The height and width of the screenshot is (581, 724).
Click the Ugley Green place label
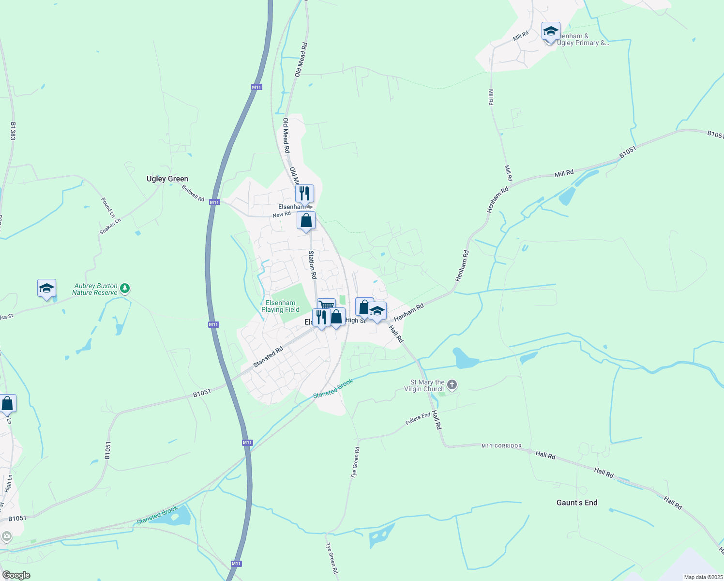tap(167, 179)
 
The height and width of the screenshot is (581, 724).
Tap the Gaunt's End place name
tap(577, 503)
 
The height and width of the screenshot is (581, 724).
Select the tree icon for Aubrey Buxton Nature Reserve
tap(125, 289)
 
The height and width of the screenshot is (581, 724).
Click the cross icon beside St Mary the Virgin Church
tap(452, 385)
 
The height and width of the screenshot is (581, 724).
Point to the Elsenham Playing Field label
tap(280, 306)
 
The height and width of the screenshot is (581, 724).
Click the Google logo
tap(16, 575)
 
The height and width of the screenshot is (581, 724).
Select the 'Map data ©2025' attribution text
tap(703, 577)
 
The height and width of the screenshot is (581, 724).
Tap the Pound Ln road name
tap(108, 207)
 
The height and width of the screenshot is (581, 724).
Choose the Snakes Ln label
tap(110, 226)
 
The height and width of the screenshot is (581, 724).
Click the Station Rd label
tap(313, 264)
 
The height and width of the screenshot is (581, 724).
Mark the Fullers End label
tap(418, 419)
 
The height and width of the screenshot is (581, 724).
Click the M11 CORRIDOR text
tap(501, 446)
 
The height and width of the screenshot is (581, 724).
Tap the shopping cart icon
tap(327, 306)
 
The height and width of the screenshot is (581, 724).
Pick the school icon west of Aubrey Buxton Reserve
tap(46, 289)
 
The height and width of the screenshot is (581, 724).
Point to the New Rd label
tap(281, 214)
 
